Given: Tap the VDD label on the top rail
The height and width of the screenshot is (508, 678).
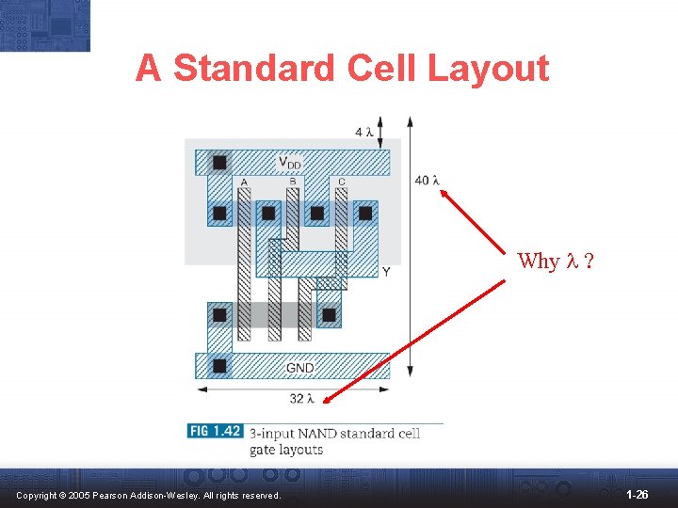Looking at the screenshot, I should pyautogui.click(x=290, y=163).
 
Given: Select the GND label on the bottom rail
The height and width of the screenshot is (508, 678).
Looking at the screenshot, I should pyautogui.click(x=300, y=367).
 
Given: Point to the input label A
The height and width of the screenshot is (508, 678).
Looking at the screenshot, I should pyautogui.click(x=244, y=183).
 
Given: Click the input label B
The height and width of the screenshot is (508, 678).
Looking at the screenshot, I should pyautogui.click(x=293, y=183).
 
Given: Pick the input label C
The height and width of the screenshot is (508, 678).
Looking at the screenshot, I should pyautogui.click(x=341, y=183).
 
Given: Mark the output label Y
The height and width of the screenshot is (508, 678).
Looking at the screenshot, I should pyautogui.click(x=386, y=272).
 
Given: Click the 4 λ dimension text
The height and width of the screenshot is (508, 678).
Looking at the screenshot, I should pyautogui.click(x=364, y=132).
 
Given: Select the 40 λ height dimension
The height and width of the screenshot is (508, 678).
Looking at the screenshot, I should pyautogui.click(x=427, y=181).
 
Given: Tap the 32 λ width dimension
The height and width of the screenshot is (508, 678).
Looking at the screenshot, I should pyautogui.click(x=300, y=399).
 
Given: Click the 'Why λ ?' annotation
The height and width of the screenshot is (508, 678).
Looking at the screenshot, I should pyautogui.click(x=556, y=262).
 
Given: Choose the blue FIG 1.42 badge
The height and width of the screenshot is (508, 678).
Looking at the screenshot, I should pyautogui.click(x=216, y=432).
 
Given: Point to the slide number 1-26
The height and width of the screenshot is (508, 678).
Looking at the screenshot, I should pyautogui.click(x=637, y=494).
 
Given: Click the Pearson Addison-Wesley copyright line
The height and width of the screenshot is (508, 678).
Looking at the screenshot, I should pyautogui.click(x=149, y=495).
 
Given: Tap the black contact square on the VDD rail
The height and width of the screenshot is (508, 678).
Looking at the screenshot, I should pyautogui.click(x=219, y=163).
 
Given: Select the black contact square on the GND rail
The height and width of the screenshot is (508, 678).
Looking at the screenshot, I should pyautogui.click(x=219, y=366).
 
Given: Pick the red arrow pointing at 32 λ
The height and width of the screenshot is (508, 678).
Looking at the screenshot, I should pyautogui.click(x=414, y=341).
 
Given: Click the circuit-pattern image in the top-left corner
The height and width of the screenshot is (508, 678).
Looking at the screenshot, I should pyautogui.click(x=45, y=25).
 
